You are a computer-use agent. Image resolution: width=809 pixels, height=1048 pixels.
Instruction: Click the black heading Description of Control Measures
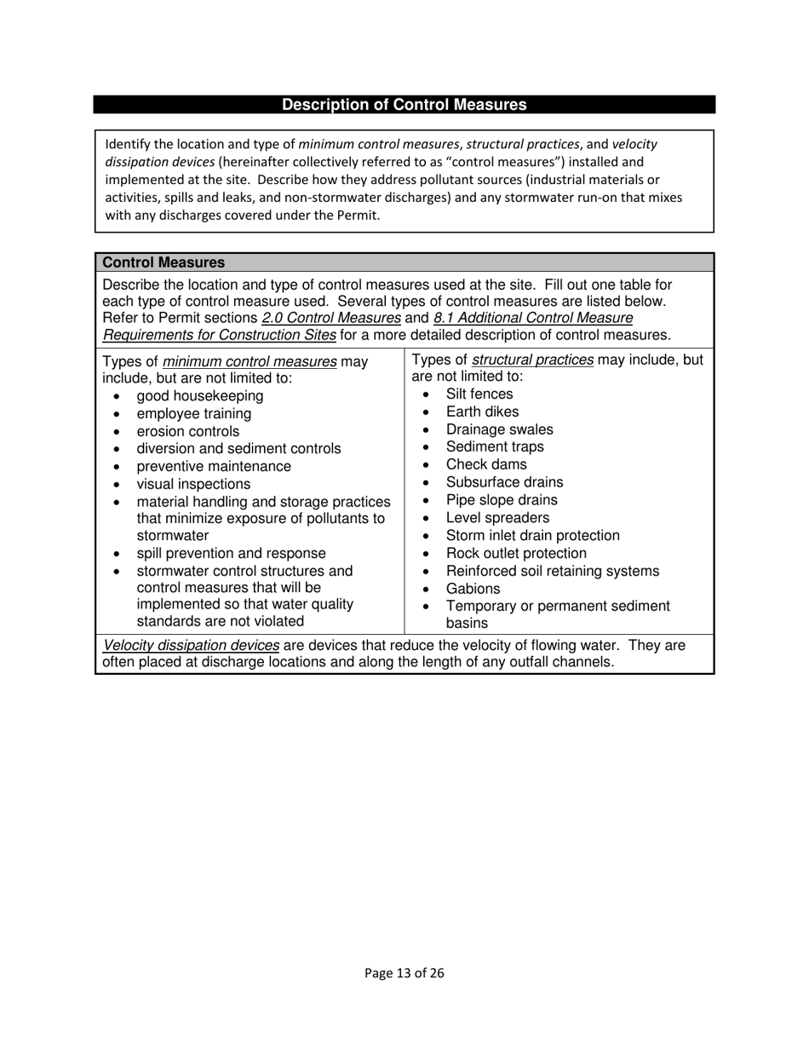click(x=404, y=105)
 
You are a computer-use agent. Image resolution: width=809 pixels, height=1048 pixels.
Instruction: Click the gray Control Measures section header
click(x=164, y=262)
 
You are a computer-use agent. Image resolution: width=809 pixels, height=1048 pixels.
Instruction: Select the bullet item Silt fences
click(x=479, y=394)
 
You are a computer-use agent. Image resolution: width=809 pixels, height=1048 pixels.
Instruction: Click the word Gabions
click(x=473, y=589)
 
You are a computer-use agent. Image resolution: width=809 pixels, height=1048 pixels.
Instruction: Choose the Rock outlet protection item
click(x=516, y=553)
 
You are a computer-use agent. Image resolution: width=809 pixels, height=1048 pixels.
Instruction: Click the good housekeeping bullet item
click(x=200, y=396)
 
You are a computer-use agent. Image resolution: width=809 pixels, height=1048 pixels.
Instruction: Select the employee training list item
click(x=194, y=414)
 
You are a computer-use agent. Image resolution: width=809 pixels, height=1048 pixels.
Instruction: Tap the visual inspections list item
click(x=193, y=484)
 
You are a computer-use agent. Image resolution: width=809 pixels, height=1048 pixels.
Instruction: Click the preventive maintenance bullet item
click(x=214, y=467)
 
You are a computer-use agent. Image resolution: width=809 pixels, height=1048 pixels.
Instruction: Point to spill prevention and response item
click(x=231, y=553)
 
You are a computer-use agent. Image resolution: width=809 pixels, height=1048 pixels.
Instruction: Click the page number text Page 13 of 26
click(x=404, y=973)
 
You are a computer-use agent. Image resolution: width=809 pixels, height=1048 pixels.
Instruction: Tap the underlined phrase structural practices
click(x=532, y=360)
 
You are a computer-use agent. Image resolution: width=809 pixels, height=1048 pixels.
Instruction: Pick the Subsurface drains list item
click(x=504, y=482)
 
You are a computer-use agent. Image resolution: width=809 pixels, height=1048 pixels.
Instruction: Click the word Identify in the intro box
click(x=127, y=144)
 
